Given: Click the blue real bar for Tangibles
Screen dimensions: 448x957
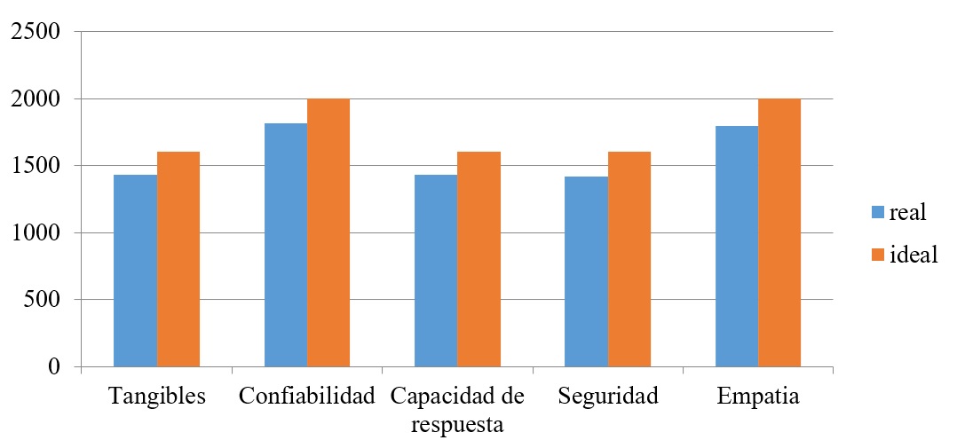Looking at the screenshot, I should pyautogui.click(x=136, y=271).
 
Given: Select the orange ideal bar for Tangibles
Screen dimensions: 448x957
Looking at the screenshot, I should pyautogui.click(x=178, y=259).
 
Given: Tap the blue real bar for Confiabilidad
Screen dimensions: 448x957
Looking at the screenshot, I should pyautogui.click(x=286, y=245).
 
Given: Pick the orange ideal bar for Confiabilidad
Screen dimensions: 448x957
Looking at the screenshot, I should pyautogui.click(x=328, y=232).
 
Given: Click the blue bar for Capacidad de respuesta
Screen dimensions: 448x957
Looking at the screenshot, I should pyautogui.click(x=436, y=271).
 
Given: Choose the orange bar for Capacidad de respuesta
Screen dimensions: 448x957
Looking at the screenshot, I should pyautogui.click(x=478, y=259).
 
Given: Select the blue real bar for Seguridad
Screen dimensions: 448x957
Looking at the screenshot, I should pyautogui.click(x=587, y=271).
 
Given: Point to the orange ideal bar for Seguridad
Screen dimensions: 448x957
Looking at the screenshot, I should pyautogui.click(x=629, y=259).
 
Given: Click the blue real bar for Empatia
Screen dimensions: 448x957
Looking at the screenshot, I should pyautogui.click(x=737, y=247).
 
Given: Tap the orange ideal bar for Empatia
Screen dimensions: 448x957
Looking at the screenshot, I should pyautogui.click(x=779, y=232).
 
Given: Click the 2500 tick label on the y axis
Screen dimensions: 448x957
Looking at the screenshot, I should pyautogui.click(x=34, y=33).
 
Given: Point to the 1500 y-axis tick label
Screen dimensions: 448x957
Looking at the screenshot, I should pyautogui.click(x=34, y=166).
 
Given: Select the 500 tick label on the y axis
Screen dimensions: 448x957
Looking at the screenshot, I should pyautogui.click(x=41, y=300).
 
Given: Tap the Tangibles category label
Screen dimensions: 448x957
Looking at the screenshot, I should pyautogui.click(x=157, y=397).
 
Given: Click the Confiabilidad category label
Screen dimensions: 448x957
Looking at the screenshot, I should pyautogui.click(x=307, y=397).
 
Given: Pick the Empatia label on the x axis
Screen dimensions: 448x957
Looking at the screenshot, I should pyautogui.click(x=758, y=397).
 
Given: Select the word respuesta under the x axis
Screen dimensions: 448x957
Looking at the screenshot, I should pyautogui.click(x=457, y=424).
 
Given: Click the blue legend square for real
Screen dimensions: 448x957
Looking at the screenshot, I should pyautogui.click(x=878, y=212).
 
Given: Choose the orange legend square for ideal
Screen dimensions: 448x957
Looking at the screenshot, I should pyautogui.click(x=878, y=255).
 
